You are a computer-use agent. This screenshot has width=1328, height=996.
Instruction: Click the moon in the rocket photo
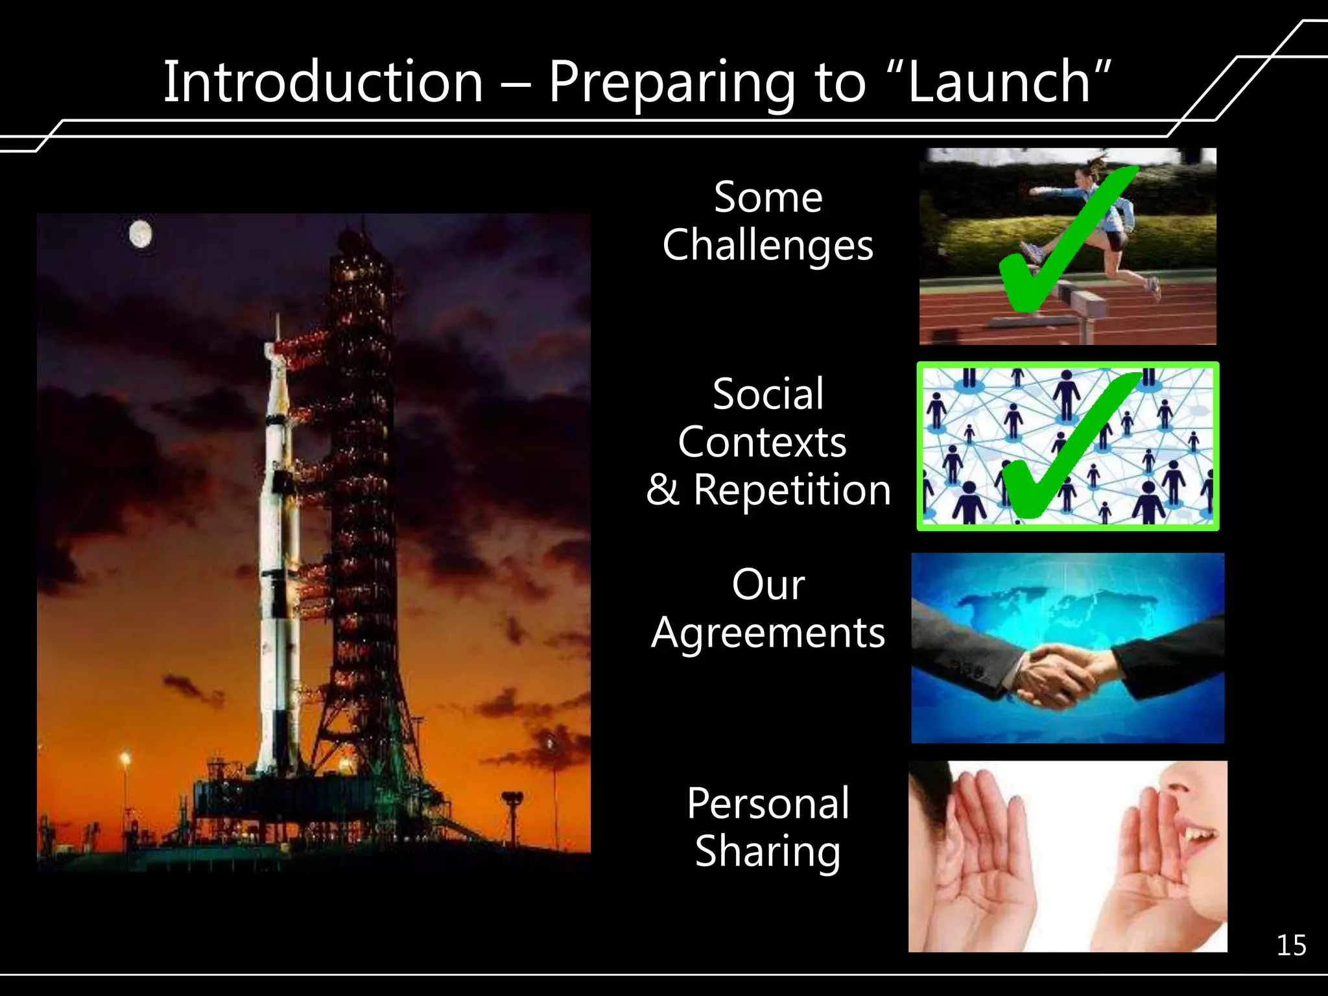tap(141, 234)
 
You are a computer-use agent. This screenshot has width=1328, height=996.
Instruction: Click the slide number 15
tap(1291, 945)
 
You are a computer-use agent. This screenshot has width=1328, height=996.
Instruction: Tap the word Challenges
tap(768, 245)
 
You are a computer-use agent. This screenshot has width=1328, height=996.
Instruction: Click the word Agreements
tap(768, 633)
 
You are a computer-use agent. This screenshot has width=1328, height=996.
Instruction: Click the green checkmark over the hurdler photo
tap(1063, 246)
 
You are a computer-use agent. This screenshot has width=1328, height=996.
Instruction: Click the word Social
tap(768, 394)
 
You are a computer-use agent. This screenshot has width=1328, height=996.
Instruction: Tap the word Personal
tap(768, 803)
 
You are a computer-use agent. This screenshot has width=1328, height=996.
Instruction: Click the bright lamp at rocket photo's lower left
tap(125, 758)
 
